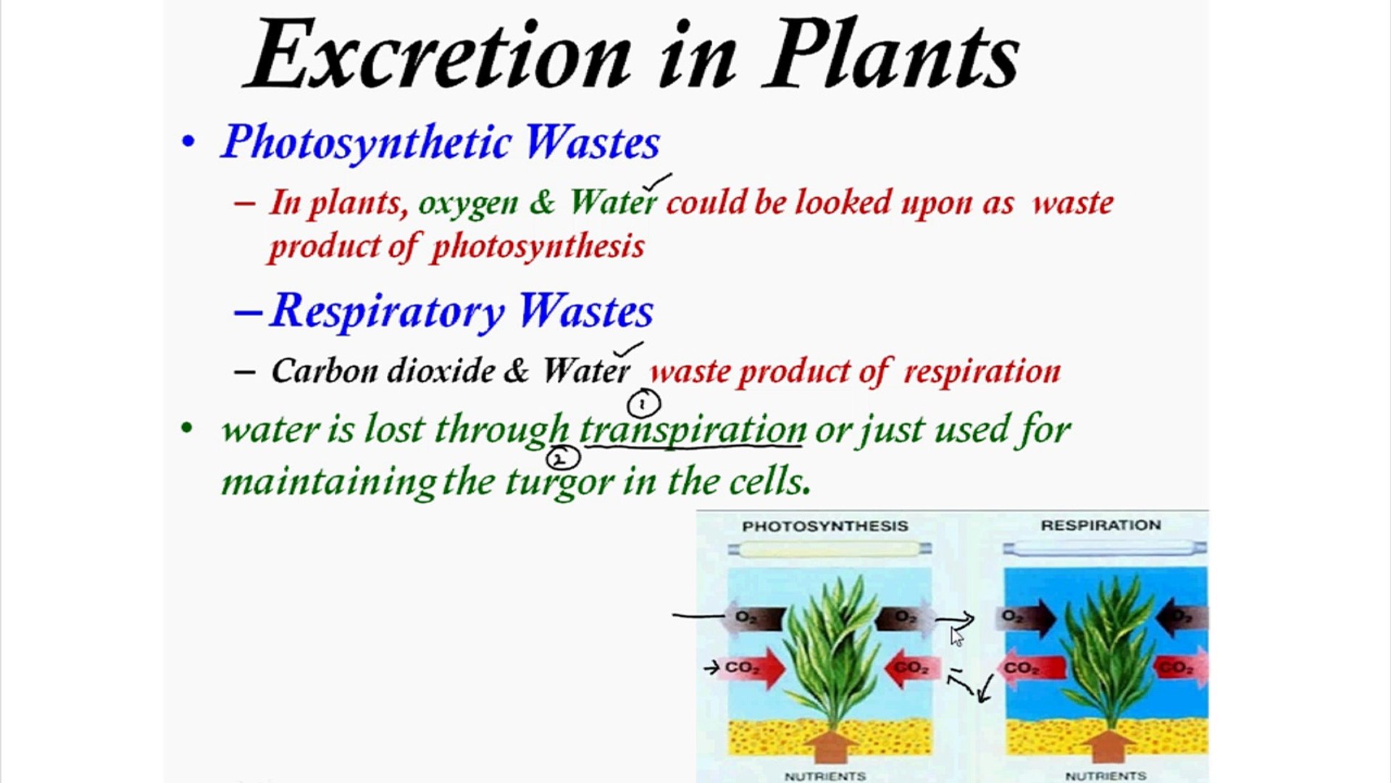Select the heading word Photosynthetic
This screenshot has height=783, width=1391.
[x=367, y=142]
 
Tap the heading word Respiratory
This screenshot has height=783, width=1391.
[x=388, y=312]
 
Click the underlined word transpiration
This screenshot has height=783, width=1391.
[x=693, y=430]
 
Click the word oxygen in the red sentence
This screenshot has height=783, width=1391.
[x=468, y=203]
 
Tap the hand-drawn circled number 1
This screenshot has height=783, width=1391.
[x=643, y=404]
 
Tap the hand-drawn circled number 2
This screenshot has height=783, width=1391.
[x=562, y=458]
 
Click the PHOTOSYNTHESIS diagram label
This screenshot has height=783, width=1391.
[x=824, y=526]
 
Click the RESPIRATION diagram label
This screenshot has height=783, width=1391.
[x=1100, y=526]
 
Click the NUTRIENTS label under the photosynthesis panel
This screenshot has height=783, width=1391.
[x=824, y=776]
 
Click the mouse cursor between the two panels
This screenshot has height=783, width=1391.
[x=957, y=637]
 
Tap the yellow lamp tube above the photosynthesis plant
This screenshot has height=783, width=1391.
[x=830, y=550]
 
